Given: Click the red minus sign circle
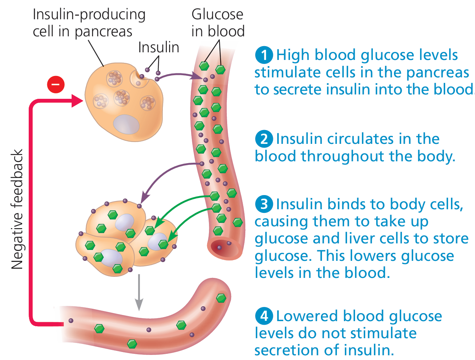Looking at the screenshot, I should (56, 85).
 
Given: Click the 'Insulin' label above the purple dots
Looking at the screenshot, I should (158, 47).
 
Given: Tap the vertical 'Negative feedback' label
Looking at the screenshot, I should (17, 209).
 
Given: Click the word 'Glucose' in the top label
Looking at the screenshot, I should (217, 15).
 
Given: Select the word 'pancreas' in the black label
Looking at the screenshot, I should (103, 32).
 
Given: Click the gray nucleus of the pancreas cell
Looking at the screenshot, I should (126, 125).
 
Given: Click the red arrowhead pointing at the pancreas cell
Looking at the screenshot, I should (77, 100).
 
